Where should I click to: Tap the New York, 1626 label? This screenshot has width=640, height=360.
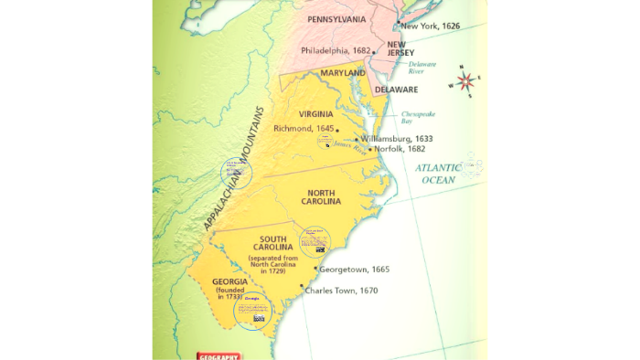click(430, 26)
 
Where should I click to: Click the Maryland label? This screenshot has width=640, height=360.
click(343, 73)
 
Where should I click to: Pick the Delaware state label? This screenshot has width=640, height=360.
click(395, 90)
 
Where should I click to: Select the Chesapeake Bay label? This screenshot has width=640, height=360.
click(419, 117)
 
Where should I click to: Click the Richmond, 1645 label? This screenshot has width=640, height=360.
click(304, 129)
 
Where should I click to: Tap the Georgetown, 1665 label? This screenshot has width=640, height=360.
click(356, 270)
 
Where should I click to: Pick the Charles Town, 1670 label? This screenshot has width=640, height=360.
click(343, 291)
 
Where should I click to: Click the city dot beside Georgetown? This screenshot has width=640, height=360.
click(315, 269)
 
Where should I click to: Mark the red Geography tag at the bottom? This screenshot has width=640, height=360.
click(219, 355)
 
